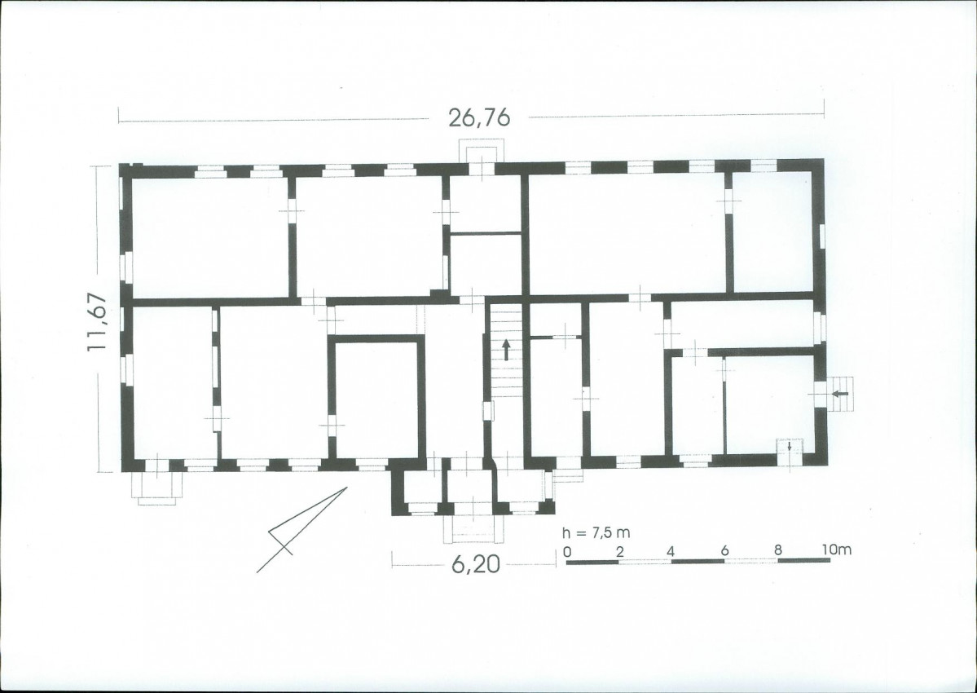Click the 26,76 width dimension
pyautogui.click(x=479, y=117)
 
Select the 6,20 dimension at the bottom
pyautogui.click(x=475, y=564)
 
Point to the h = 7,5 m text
pyautogui.click(x=596, y=533)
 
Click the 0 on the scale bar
pyautogui.click(x=567, y=551)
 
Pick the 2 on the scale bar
pyautogui.click(x=619, y=551)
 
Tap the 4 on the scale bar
pyautogui.click(x=671, y=551)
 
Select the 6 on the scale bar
pyautogui.click(x=724, y=551)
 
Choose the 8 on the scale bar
pyautogui.click(x=777, y=550)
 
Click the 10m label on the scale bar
pyautogui.click(x=836, y=550)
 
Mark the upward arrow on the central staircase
pyautogui.click(x=506, y=350)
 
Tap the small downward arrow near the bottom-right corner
pyautogui.click(x=790, y=446)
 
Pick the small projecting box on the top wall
pyautogui.click(x=478, y=152)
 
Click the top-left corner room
pyautogui.click(x=210, y=237)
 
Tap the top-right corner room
pyautogui.click(x=773, y=232)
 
